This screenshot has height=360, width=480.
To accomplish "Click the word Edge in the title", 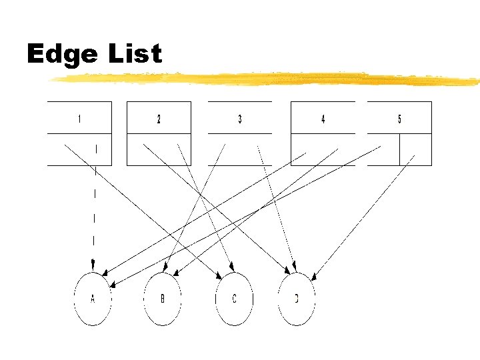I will tap(61, 55).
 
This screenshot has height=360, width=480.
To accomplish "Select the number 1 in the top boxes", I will tap(79, 119).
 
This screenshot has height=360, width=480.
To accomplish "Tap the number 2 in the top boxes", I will tap(159, 119).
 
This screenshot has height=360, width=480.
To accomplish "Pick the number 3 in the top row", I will tap(240, 119).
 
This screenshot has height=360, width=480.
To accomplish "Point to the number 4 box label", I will tap(323, 119).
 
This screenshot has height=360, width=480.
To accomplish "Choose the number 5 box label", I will tap(399, 119).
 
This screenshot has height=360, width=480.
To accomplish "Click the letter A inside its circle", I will tap(93, 299).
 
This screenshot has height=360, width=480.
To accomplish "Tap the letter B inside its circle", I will tap(162, 299).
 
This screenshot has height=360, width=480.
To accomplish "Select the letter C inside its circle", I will tap(234, 299).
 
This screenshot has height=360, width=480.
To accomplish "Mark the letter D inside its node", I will tap(297, 299).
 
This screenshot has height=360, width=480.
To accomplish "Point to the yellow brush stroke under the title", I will tap(267, 79).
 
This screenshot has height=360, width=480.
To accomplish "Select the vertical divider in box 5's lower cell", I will tap(399, 149).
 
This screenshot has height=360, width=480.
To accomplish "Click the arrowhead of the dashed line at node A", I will tap(93, 267).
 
